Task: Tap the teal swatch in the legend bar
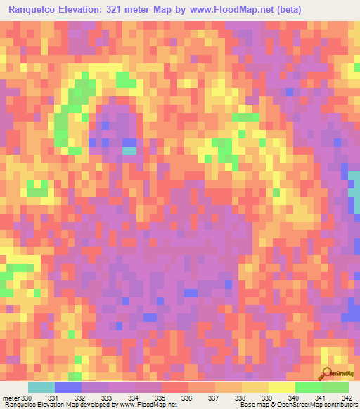coord(41,387)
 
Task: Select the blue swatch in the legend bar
coord(68,387)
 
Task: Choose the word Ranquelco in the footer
coord(23,405)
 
